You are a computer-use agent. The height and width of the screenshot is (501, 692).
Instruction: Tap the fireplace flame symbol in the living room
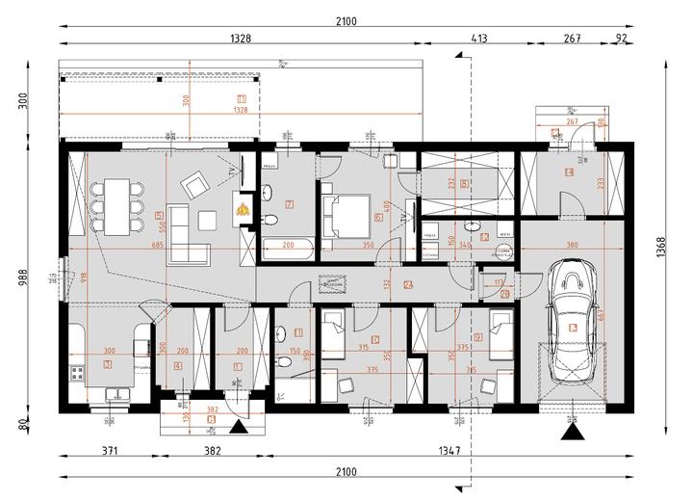243,204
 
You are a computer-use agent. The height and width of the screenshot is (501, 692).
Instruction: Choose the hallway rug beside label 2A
334,285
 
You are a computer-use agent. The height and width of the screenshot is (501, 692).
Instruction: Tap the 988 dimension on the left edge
24,278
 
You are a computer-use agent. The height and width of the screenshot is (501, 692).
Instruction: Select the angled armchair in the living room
197,183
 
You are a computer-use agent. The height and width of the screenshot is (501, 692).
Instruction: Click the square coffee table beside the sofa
207,220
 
